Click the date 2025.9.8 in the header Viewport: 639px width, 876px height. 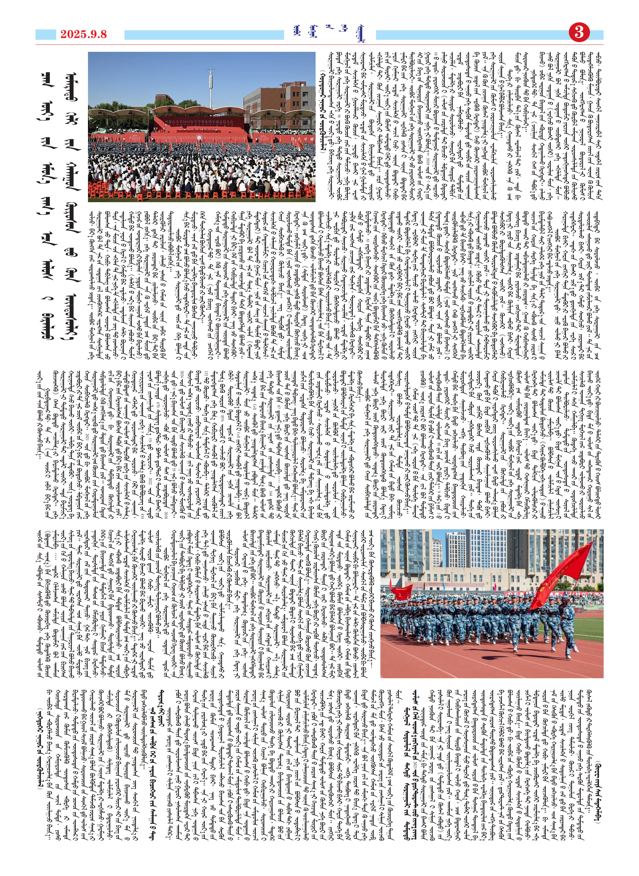pyautogui.click(x=83, y=34)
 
